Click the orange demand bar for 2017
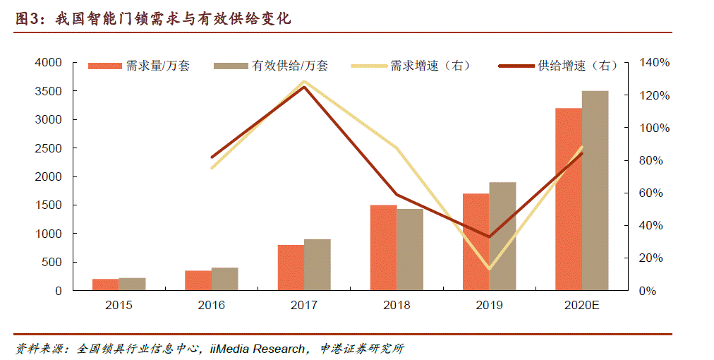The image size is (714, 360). tap(291, 268)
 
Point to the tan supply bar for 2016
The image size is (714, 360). tap(225, 279)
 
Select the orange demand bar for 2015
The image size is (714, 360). tap(106, 284)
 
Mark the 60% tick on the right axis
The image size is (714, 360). tap(652, 193)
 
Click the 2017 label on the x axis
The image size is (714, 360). tap(304, 306)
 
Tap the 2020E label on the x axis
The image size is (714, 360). tap(581, 306)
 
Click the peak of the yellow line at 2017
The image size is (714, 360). tap(304, 81)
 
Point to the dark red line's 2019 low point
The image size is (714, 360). tap(489, 236)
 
